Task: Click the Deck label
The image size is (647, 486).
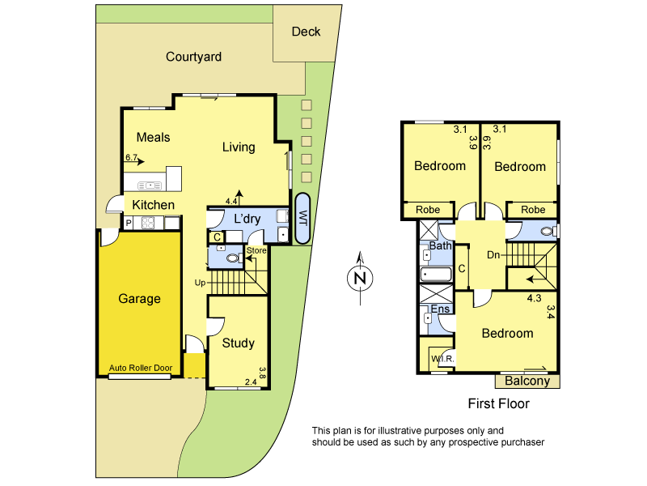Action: [306, 32]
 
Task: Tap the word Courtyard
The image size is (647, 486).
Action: [193, 57]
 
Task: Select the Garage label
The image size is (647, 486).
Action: [139, 298]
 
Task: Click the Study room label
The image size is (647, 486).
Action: [238, 343]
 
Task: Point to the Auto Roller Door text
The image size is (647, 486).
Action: [140, 368]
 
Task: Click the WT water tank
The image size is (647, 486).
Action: [303, 219]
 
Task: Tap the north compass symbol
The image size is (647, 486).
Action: [360, 279]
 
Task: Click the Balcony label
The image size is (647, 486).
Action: [526, 381]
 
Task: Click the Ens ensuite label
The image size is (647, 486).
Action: [440, 309]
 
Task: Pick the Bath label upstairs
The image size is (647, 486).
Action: [440, 245]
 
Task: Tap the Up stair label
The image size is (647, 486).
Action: [200, 283]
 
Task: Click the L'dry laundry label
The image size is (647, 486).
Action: [248, 220]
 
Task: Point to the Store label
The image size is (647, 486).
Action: [256, 250]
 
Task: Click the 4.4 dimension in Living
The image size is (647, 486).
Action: [231, 200]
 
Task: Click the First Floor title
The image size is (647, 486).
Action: [498, 403]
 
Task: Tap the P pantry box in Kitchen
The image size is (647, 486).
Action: [129, 223]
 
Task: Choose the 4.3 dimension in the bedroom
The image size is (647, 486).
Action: [534, 298]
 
